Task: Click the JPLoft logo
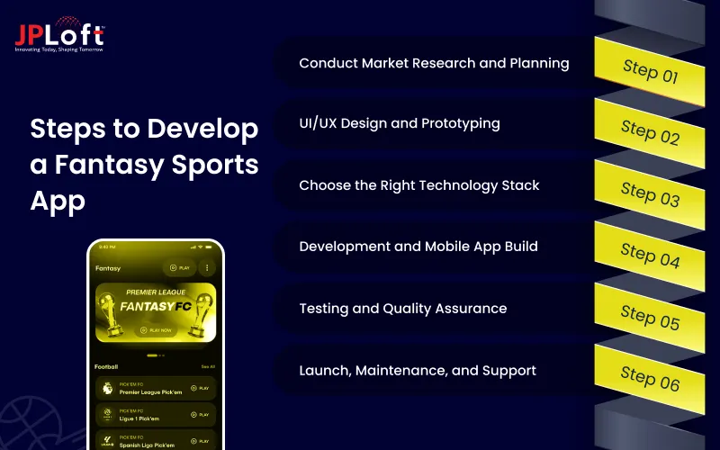pyautogui.click(x=59, y=36)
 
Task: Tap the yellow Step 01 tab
pyautogui.click(x=650, y=70)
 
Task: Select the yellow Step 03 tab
pyautogui.click(x=650, y=193)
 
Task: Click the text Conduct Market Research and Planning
pyautogui.click(x=434, y=64)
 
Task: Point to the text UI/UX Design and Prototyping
pyautogui.click(x=399, y=123)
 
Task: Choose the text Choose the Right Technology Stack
pyautogui.click(x=418, y=185)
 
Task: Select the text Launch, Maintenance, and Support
pyautogui.click(x=417, y=370)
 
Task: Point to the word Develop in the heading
pyautogui.click(x=202, y=129)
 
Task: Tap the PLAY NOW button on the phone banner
pyautogui.click(x=155, y=330)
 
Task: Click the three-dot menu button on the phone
pyautogui.click(x=207, y=267)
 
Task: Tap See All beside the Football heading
pyautogui.click(x=208, y=367)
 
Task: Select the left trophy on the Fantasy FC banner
pyautogui.click(x=114, y=317)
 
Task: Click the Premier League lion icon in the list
pyautogui.click(x=107, y=389)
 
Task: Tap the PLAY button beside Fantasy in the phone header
pyautogui.click(x=179, y=267)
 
